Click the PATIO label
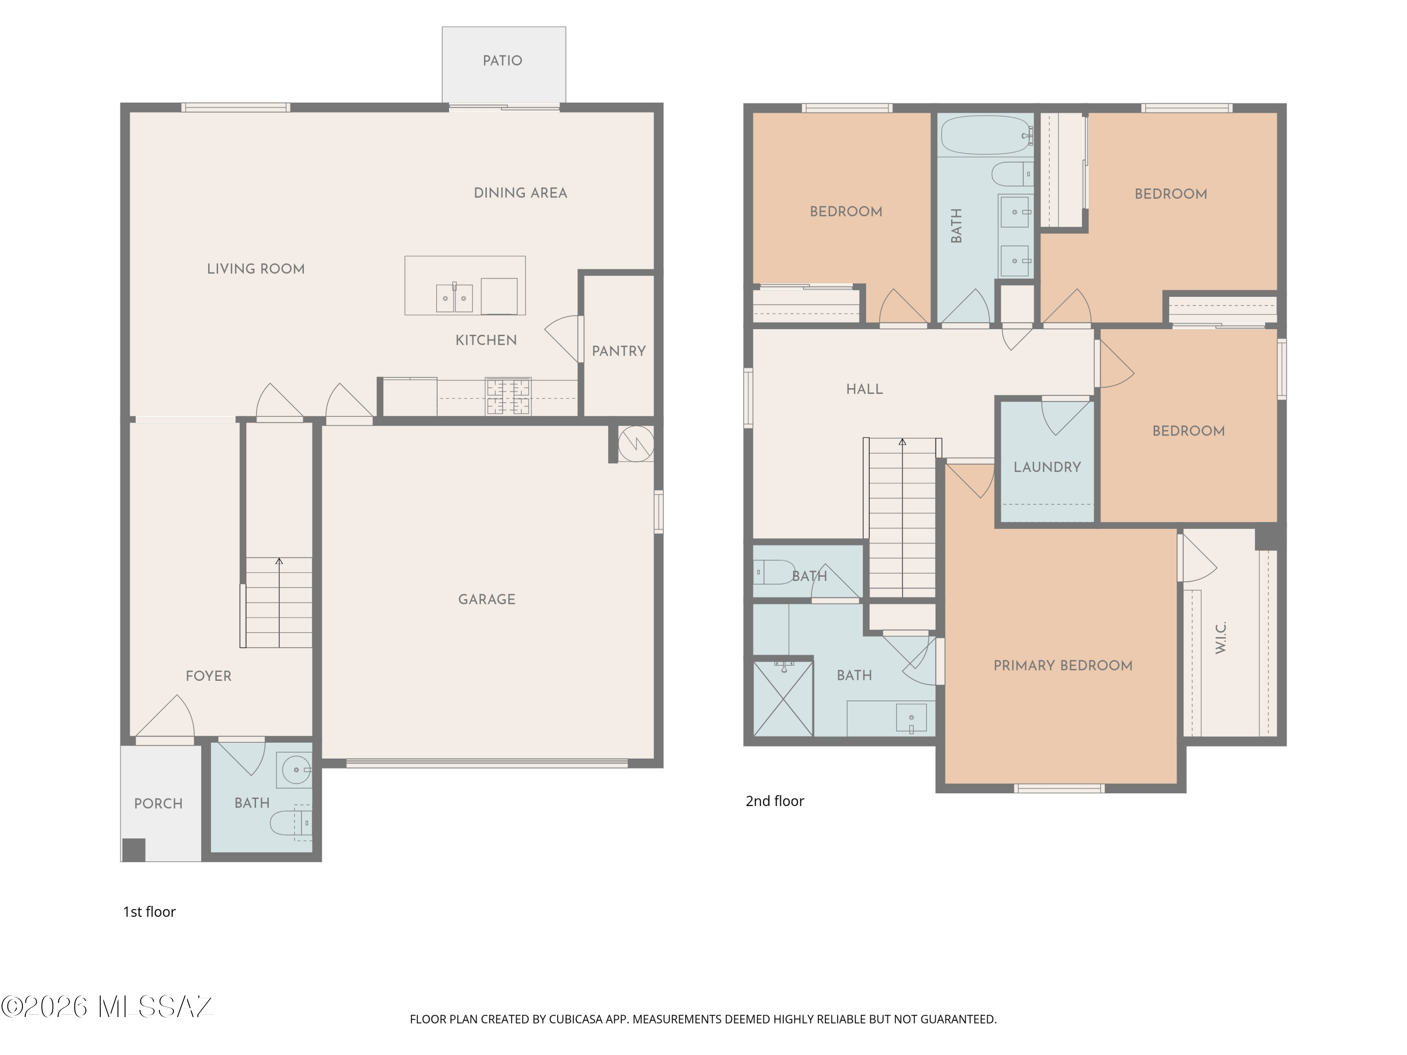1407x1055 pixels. click(x=502, y=60)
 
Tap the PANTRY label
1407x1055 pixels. click(x=618, y=351)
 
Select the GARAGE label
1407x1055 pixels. click(x=487, y=599)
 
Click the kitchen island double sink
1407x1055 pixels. click(x=454, y=298)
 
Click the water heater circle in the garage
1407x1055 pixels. click(x=636, y=443)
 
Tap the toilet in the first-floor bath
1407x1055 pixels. click(x=291, y=823)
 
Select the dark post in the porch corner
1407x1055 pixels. click(x=134, y=850)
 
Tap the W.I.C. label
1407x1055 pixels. click(x=1220, y=637)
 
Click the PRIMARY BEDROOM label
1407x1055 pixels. click(x=1063, y=666)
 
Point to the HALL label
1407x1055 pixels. click(x=864, y=389)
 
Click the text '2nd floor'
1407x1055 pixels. click(x=775, y=801)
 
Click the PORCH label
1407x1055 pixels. click(x=159, y=804)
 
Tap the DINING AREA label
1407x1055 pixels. click(x=520, y=193)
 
